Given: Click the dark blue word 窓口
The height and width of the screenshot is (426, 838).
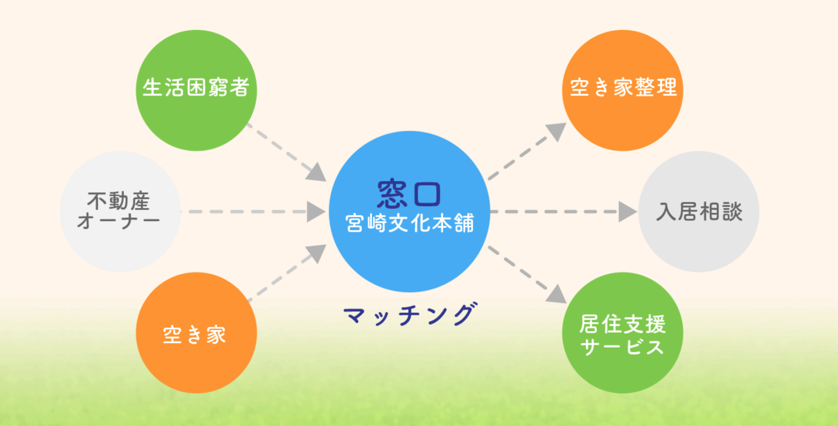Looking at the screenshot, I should [x=409, y=194].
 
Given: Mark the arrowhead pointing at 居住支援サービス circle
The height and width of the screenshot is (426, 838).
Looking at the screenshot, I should [x=557, y=294].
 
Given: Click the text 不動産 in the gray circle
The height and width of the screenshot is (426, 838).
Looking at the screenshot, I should [x=118, y=201].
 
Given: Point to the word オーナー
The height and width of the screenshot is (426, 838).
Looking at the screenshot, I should [x=118, y=221].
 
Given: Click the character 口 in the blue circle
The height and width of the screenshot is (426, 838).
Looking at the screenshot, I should [x=427, y=194].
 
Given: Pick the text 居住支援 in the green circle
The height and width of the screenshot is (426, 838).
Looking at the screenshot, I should [x=623, y=324].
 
